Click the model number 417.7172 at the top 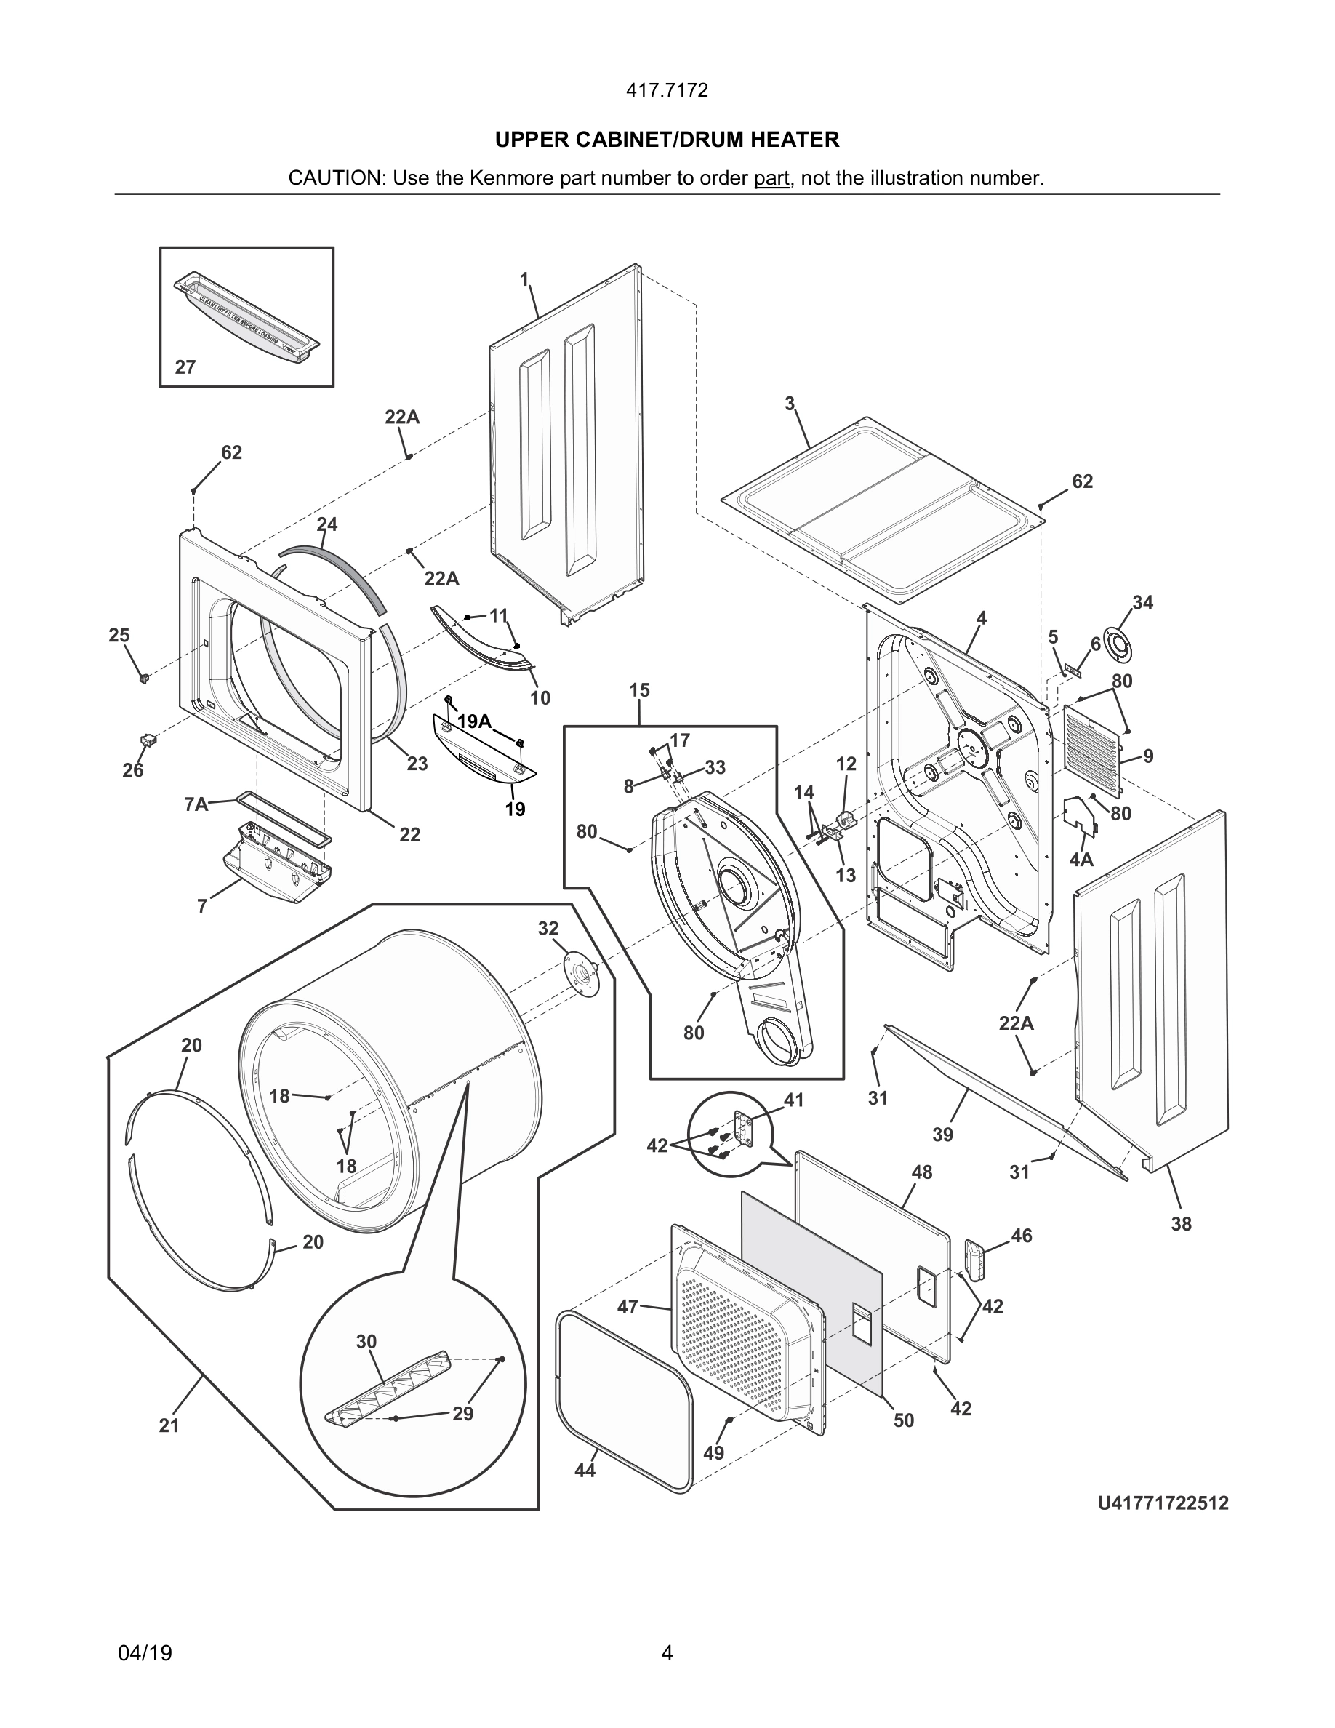(x=667, y=90)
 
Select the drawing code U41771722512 (x=1163, y=1503)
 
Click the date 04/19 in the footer (x=145, y=1653)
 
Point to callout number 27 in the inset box (x=185, y=367)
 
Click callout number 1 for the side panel (x=524, y=279)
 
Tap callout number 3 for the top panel (x=790, y=404)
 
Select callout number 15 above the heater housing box (x=639, y=690)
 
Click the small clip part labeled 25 (x=143, y=677)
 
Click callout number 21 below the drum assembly (x=169, y=1425)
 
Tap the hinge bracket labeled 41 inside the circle (x=745, y=1127)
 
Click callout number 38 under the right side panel (x=1181, y=1224)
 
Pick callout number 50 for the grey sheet (x=903, y=1420)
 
